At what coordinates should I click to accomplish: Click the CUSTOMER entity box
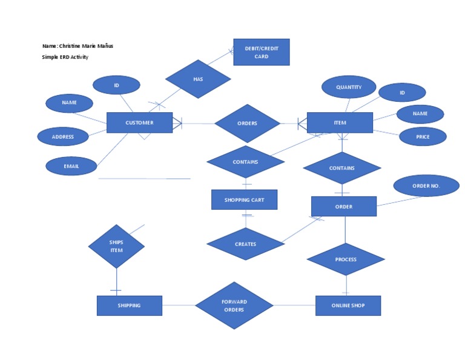pyautogui.click(x=139, y=122)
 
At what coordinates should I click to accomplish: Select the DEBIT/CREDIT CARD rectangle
pyautogui.click(x=261, y=52)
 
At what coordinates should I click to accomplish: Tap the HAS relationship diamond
pyautogui.click(x=198, y=79)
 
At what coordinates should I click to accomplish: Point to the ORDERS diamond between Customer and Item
pyautogui.click(x=247, y=123)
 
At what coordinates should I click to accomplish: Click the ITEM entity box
pyautogui.click(x=340, y=122)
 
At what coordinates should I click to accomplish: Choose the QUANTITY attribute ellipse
pyautogui.click(x=349, y=87)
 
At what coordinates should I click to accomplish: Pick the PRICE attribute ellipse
pyautogui.click(x=423, y=137)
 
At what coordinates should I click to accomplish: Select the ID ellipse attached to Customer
pyautogui.click(x=116, y=85)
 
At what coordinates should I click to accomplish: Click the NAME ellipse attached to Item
pyautogui.click(x=420, y=114)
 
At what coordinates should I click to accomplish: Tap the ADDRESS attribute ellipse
pyautogui.click(x=63, y=137)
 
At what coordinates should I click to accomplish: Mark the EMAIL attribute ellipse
pyautogui.click(x=71, y=165)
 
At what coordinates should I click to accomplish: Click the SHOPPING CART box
pyautogui.click(x=244, y=199)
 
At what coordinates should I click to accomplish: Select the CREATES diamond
pyautogui.click(x=245, y=244)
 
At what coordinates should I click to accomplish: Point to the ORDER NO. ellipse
pyautogui.click(x=426, y=185)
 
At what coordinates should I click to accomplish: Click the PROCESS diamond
pyautogui.click(x=346, y=259)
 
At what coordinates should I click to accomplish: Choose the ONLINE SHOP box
pyautogui.click(x=348, y=305)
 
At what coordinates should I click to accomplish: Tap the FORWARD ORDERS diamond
pyautogui.click(x=234, y=305)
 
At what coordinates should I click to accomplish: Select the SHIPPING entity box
pyautogui.click(x=129, y=305)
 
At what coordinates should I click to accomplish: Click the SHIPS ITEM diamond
pyautogui.click(x=116, y=246)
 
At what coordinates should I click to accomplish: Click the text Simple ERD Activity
pyautogui.click(x=65, y=57)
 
